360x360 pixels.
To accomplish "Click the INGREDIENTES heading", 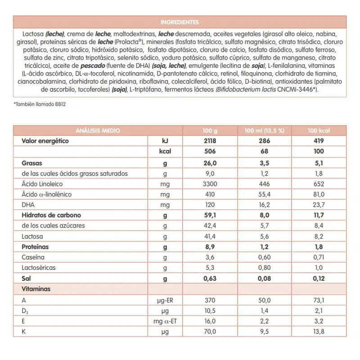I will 180,22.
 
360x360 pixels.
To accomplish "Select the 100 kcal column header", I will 319,130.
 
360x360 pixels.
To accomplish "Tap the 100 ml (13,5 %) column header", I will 264,130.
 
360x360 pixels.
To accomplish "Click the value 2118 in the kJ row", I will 210,141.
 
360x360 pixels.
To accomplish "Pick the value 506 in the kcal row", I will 210,152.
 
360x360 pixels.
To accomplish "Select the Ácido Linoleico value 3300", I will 210,184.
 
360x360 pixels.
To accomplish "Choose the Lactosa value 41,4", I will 210,236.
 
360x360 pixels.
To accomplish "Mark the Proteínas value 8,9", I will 210,247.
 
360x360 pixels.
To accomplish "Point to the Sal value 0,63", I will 210,279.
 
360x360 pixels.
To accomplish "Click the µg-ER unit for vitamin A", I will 165,300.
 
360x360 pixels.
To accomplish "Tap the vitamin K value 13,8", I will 319,332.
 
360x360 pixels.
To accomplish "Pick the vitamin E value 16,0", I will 210,321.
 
